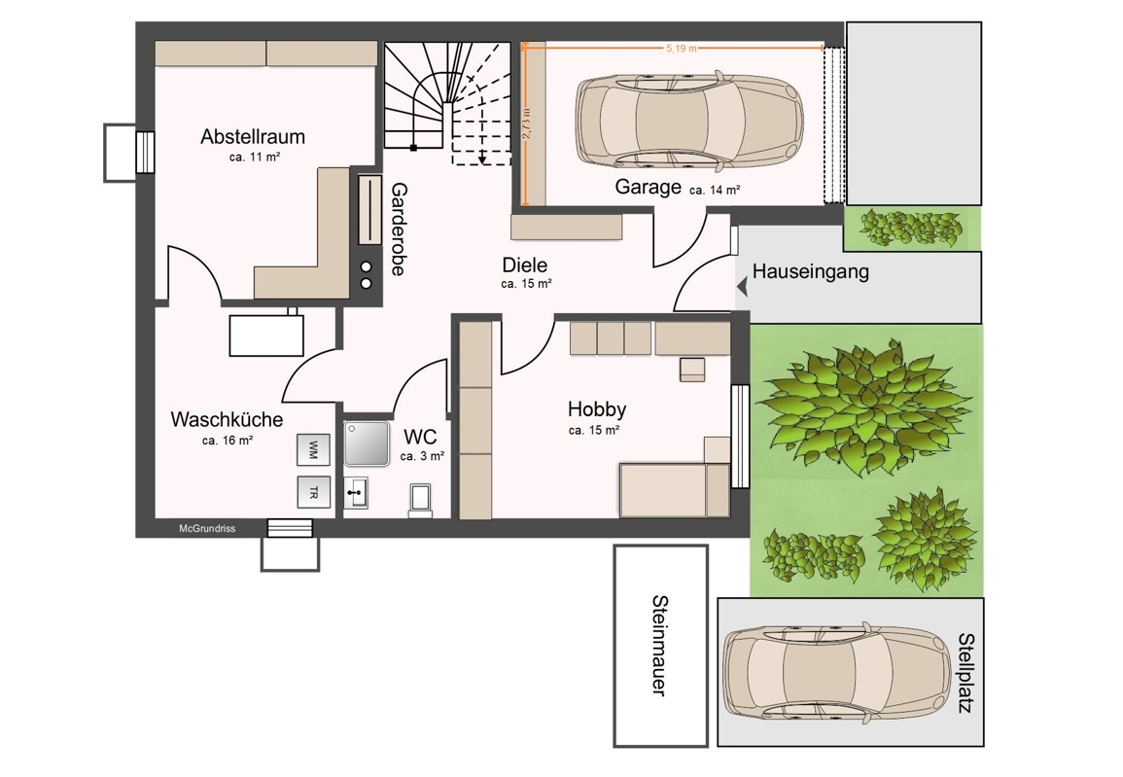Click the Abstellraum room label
(253, 136)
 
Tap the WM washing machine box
(314, 449)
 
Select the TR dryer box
(314, 492)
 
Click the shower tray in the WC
(367, 443)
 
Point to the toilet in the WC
(420, 499)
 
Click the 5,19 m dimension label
(682, 48)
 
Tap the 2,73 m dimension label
(527, 124)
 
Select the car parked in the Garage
(689, 120)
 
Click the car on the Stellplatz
(836, 672)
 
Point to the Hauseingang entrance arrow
(742, 287)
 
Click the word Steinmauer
(659, 646)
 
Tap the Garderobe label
(399, 230)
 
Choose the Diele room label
(525, 265)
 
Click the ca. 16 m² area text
(228, 441)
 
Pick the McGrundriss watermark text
(207, 528)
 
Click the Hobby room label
(597, 408)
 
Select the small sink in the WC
(356, 493)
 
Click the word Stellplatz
(966, 673)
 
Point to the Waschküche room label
(227, 419)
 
